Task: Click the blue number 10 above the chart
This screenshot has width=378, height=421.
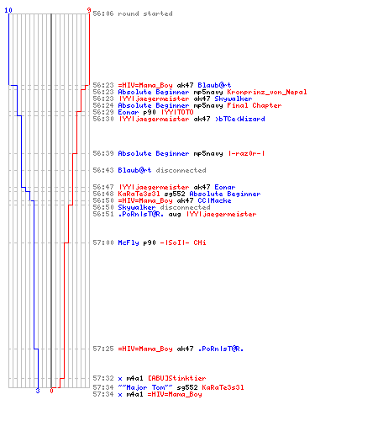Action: [x=8, y=10]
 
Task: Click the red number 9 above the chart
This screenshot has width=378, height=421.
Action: [x=89, y=10]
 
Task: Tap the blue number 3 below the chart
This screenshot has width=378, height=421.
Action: [x=38, y=391]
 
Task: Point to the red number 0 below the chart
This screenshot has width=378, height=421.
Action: [x=51, y=391]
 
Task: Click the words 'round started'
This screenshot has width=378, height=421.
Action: [x=145, y=13]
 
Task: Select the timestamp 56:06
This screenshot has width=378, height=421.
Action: [x=103, y=13]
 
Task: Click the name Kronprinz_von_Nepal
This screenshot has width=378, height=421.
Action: [x=267, y=92]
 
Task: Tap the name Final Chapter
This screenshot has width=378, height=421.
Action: [x=255, y=105]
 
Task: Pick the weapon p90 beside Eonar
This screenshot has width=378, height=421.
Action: [x=150, y=113]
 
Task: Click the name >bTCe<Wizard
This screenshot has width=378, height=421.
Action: [x=240, y=119]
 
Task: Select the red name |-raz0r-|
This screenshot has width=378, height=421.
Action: [x=246, y=153]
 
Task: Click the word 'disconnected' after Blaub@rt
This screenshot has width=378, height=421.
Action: [x=181, y=170]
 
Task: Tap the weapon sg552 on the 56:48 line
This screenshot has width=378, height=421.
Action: [x=175, y=194]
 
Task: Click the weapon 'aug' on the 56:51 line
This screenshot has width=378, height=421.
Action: [x=175, y=215]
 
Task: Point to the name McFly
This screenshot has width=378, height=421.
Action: [x=129, y=242]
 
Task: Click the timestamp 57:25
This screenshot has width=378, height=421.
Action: [x=103, y=349]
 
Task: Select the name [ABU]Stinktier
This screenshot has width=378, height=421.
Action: [x=176, y=378]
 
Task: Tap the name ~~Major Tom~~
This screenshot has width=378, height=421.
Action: [x=145, y=387]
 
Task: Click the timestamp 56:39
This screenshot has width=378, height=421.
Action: [x=103, y=153]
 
